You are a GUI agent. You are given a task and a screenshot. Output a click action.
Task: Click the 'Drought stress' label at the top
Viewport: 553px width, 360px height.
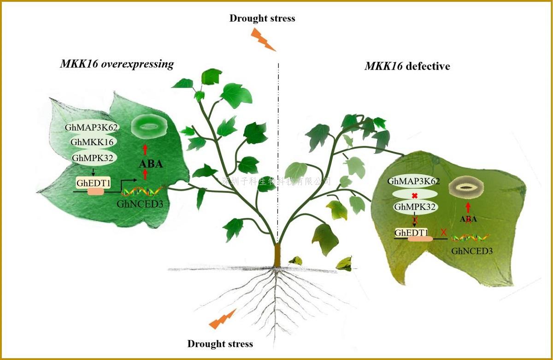tap(262, 19)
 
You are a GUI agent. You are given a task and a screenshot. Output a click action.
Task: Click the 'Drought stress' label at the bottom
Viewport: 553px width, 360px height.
tap(220, 344)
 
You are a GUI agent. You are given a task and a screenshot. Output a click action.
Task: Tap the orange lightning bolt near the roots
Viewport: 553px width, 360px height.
tap(223, 319)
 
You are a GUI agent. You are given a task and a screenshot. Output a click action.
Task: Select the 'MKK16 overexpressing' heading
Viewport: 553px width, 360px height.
tap(117, 64)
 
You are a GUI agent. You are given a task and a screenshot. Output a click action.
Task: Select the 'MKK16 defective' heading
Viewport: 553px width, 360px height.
tap(407, 66)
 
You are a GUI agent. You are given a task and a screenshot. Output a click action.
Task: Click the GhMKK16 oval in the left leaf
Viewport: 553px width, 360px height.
tap(92, 142)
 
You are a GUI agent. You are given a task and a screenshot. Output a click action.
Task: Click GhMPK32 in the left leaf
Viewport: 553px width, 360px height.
tap(92, 158)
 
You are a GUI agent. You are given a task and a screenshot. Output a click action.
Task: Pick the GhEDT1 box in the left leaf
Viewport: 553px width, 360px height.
tap(94, 183)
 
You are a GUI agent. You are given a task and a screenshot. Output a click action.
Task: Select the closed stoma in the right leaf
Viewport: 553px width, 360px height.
tap(467, 188)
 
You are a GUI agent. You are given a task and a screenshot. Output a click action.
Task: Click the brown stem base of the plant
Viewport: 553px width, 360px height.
tap(277, 255)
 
